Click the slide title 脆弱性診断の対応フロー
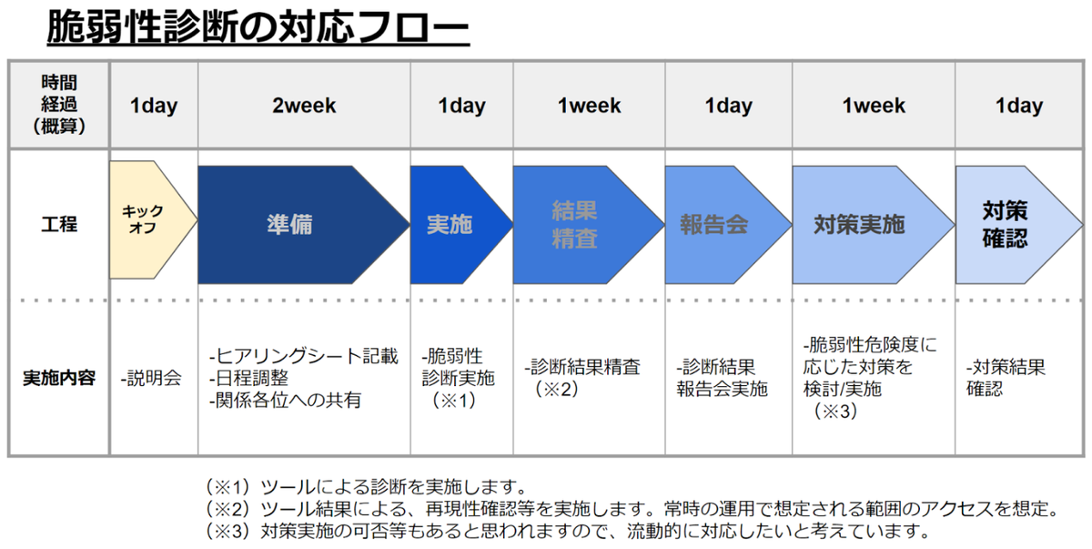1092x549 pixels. point(258,27)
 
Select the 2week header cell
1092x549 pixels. point(304,106)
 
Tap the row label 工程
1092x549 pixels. point(59,225)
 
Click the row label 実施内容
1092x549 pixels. point(59,378)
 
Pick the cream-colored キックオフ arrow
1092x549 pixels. point(153,220)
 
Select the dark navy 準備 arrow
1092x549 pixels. point(303,225)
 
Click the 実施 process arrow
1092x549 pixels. point(461,225)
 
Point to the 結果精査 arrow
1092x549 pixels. point(589,225)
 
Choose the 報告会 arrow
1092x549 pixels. point(728,225)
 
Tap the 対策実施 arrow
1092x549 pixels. point(873,225)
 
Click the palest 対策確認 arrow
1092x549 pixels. point(1019,225)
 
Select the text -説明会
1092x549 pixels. point(151,379)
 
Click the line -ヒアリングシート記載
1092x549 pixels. point(304,356)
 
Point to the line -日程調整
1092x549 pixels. point(248,378)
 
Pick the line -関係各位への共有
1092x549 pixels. point(286,401)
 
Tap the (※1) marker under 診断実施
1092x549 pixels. point(453,401)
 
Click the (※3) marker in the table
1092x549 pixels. point(834,412)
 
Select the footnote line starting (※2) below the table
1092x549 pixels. point(632,509)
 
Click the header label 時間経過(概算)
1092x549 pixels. point(59,105)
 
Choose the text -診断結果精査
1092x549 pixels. point(582,367)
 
